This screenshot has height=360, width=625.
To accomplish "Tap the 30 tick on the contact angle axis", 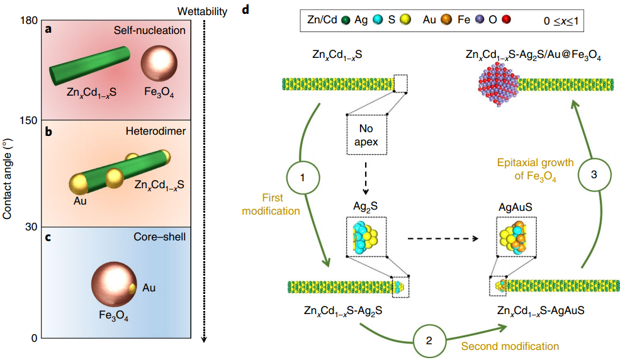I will tap(28, 227).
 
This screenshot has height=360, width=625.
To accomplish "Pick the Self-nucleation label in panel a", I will tap(150, 30).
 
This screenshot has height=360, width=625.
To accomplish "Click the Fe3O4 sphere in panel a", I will tap(159, 65).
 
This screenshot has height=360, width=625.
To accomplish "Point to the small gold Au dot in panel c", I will tap(132, 288).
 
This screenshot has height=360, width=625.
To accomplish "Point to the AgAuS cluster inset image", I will tap(515, 237).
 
